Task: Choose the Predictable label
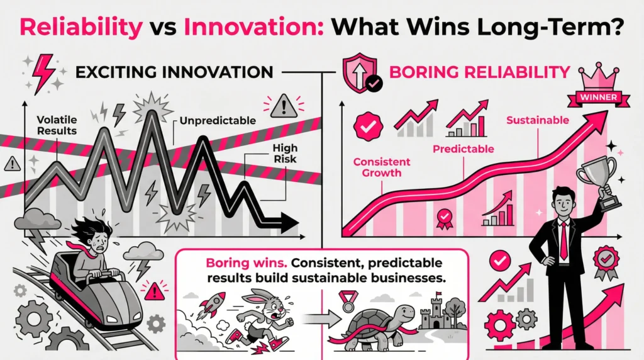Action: pos(463,149)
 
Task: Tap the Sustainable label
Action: pos(538,120)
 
